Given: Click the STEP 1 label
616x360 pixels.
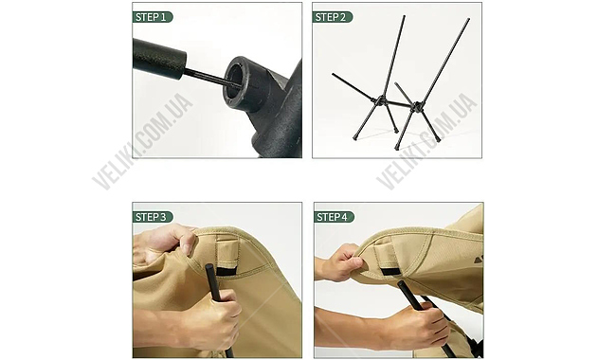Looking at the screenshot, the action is click(x=153, y=17).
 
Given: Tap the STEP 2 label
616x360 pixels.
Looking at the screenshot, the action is click(x=333, y=17).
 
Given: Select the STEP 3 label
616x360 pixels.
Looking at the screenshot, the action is click(x=153, y=217).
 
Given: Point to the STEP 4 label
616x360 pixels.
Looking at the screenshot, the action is click(x=334, y=217).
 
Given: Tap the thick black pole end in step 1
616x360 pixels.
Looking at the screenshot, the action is click(x=160, y=59).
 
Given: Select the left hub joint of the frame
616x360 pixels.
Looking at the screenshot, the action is click(x=381, y=101).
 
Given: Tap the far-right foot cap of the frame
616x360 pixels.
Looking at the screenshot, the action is click(x=438, y=138).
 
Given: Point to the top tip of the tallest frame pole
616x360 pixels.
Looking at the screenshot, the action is click(x=469, y=18).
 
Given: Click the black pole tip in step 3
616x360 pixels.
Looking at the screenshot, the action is click(x=209, y=268).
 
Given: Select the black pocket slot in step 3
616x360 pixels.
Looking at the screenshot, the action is click(x=227, y=272).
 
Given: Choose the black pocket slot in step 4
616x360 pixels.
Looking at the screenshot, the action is click(x=393, y=272).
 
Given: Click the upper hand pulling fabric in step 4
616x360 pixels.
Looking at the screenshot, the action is click(x=341, y=261).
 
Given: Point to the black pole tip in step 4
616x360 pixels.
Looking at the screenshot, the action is click(x=402, y=284).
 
